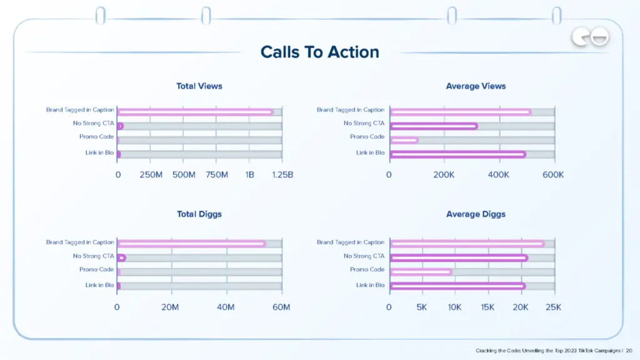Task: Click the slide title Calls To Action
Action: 319,52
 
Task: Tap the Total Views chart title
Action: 199,86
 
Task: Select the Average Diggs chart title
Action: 476,214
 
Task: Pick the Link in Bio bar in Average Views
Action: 458,154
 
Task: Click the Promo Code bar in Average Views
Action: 404,140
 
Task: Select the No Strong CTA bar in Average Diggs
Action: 459,257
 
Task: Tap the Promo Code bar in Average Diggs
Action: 421,272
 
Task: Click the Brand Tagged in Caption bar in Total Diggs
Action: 191,244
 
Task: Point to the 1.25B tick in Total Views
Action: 282,175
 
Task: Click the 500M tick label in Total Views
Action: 184,175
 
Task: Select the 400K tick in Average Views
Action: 499,175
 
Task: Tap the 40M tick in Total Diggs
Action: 226,307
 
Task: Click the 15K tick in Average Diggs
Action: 487,307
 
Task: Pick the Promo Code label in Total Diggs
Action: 96,269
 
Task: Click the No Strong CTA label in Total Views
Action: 93,123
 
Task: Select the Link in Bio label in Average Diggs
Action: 371,285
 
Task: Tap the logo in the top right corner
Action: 590,38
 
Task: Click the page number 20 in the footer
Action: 629,351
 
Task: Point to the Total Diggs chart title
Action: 199,214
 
